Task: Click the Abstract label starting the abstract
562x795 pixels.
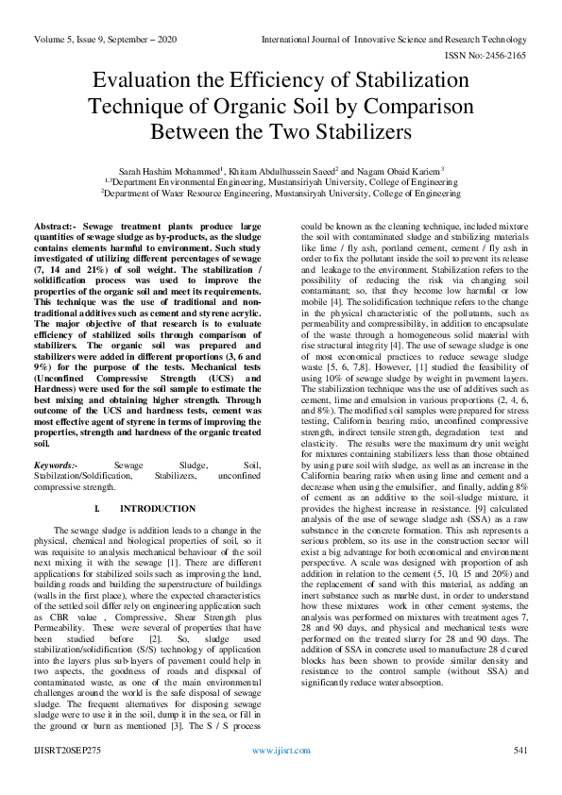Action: point(59,229)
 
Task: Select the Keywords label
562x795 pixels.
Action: point(55,466)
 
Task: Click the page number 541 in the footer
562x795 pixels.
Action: point(519,776)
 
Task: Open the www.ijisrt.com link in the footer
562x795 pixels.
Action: point(281,776)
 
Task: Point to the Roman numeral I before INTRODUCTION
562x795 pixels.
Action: point(97,509)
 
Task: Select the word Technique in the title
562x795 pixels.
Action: point(139,106)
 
